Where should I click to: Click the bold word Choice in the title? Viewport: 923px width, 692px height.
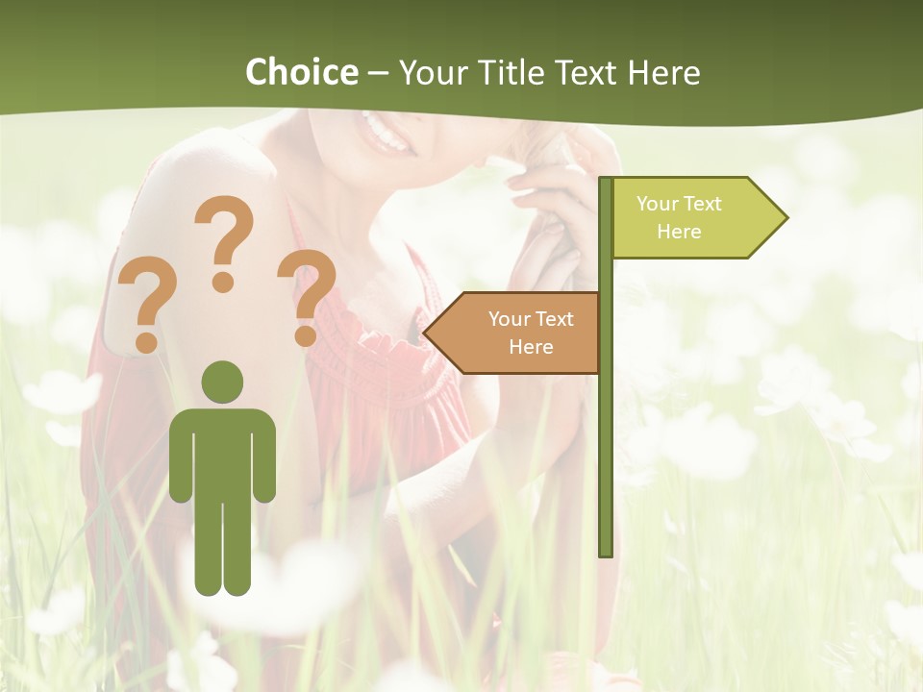[x=301, y=72]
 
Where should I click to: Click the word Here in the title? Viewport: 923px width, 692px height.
[x=663, y=72]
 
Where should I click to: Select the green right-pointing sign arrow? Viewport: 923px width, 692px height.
[x=692, y=217]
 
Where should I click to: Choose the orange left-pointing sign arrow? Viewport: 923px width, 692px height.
[x=519, y=333]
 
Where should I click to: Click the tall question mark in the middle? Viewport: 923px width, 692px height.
[x=225, y=240]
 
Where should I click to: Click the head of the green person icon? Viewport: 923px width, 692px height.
[x=222, y=382]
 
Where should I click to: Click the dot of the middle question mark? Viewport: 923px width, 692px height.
[x=223, y=282]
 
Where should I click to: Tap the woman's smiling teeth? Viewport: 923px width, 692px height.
[x=386, y=134]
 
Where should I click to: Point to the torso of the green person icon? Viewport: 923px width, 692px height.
[x=222, y=452]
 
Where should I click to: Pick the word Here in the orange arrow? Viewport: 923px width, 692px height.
[x=531, y=347]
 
